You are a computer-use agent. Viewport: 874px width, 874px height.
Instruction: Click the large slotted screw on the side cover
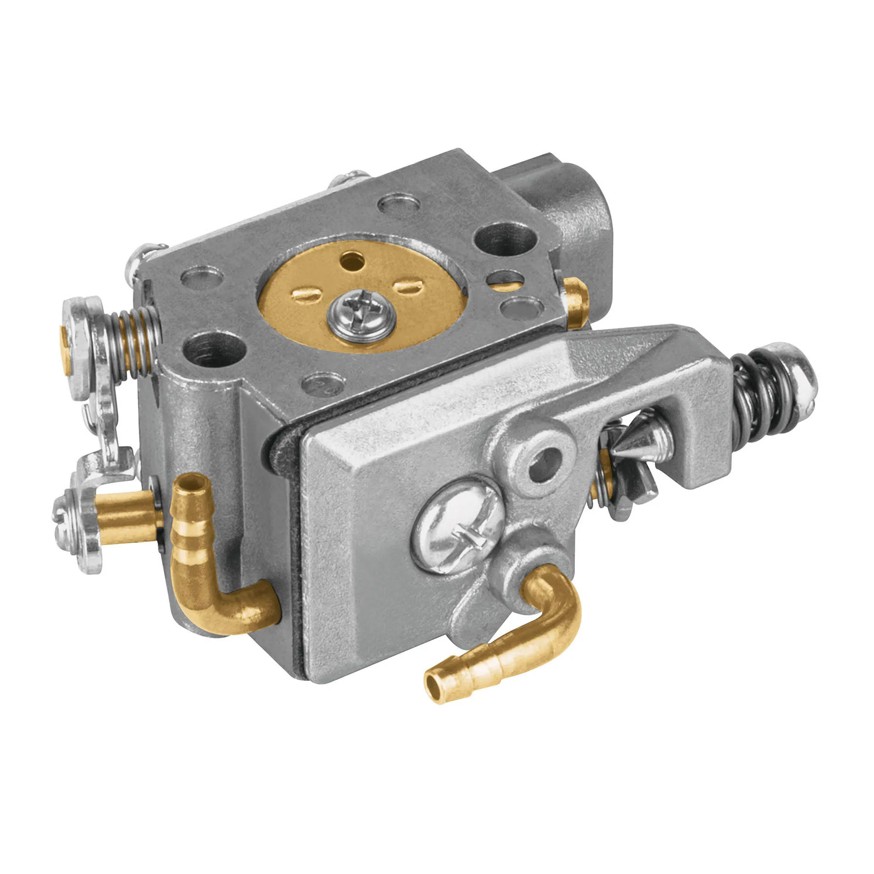click(457, 527)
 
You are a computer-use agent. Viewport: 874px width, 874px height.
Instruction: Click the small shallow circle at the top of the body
click(398, 204)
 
